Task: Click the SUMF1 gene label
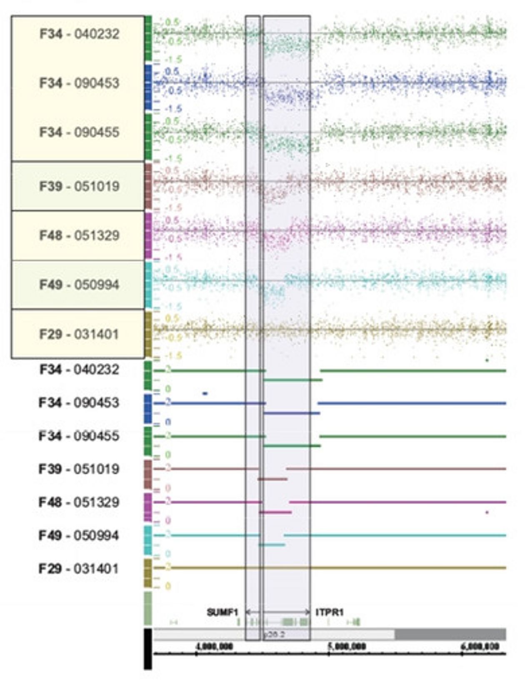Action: point(222,612)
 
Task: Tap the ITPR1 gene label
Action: point(330,612)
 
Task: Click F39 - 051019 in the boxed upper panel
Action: point(79,186)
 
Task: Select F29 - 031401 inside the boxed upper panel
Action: point(79,334)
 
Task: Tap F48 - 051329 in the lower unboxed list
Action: point(79,502)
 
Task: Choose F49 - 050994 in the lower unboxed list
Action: point(79,535)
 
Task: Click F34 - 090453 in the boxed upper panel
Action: point(79,83)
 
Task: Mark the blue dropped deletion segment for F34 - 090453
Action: point(292,413)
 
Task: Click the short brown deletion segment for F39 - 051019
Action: point(272,479)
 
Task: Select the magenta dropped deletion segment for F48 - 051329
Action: point(275,512)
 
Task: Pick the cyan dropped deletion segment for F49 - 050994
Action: point(272,544)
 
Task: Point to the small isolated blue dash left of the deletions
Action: point(205,393)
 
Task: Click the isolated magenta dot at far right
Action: point(487,512)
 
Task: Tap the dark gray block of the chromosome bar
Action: point(450,634)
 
